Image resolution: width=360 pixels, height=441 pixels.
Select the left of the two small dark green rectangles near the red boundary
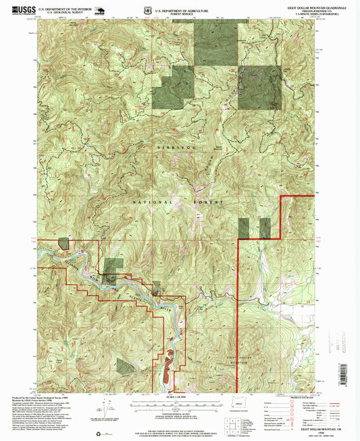click(245, 228)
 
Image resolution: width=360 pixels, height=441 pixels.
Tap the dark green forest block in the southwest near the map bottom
click(126, 367)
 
